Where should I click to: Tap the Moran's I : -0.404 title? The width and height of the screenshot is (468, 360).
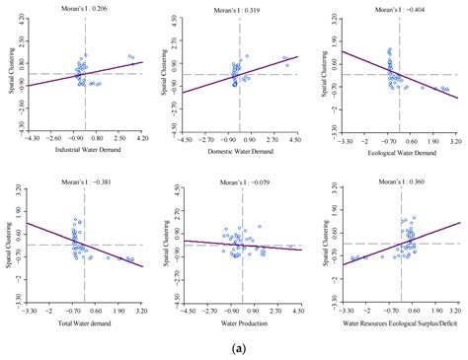400,7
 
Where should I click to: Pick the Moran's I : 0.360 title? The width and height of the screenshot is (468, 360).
400,183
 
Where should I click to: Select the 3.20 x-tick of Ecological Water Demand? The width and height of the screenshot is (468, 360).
456,141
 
